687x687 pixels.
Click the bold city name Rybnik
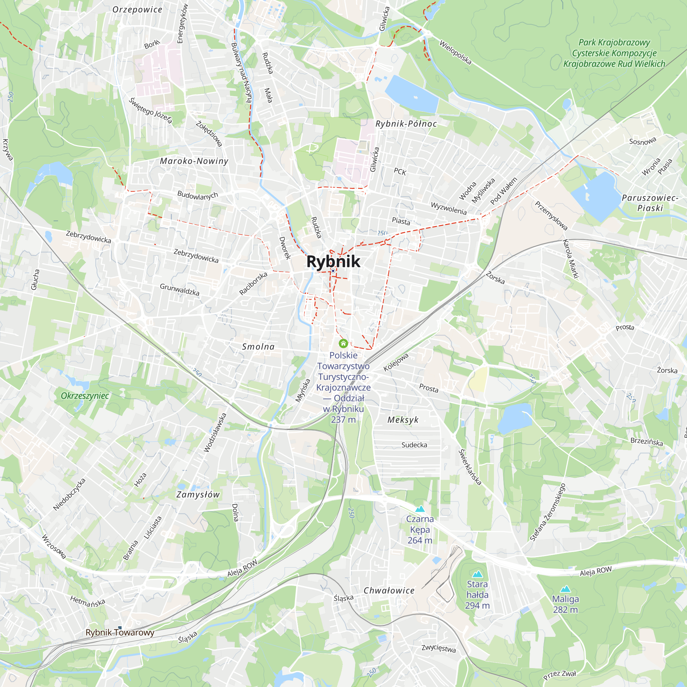click(x=333, y=262)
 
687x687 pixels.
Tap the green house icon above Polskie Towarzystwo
click(x=343, y=343)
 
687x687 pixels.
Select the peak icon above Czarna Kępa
click(x=420, y=509)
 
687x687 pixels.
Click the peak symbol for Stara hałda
click(x=477, y=574)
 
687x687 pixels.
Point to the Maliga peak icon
click(x=565, y=589)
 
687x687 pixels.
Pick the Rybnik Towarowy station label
click(x=120, y=633)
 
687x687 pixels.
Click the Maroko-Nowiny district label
click(x=194, y=161)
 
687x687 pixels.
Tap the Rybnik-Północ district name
click(x=406, y=124)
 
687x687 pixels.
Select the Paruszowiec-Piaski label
click(x=650, y=203)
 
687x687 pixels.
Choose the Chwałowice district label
click(x=389, y=590)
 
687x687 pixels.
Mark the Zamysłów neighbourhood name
click(x=198, y=495)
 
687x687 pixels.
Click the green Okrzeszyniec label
click(x=85, y=396)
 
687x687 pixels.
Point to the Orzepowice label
click(x=137, y=10)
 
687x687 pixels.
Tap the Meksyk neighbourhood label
click(x=403, y=420)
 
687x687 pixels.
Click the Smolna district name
click(x=258, y=347)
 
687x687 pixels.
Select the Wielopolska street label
click(x=455, y=53)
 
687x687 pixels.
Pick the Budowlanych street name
click(x=198, y=195)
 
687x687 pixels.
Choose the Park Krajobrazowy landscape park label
click(x=614, y=53)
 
